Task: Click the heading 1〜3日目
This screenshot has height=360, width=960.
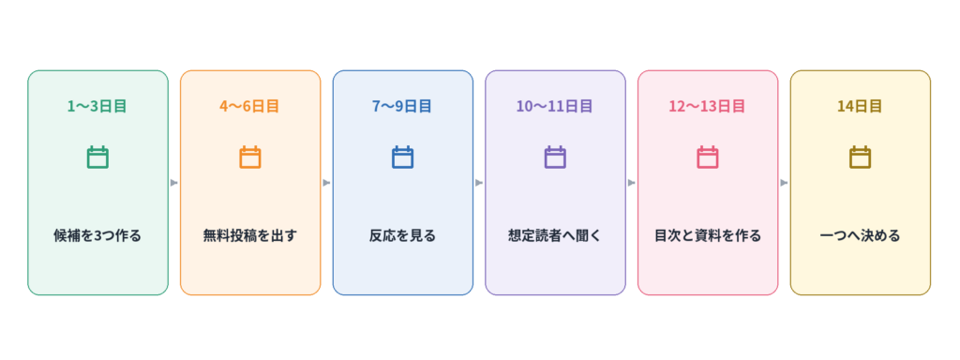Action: coord(97,106)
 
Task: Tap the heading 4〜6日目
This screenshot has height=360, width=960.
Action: coord(249,106)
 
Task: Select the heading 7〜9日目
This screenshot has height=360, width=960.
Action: coord(402,106)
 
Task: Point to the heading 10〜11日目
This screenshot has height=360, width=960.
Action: coord(555,106)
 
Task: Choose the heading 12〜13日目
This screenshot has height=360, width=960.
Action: coord(707,106)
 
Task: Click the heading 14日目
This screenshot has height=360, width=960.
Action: coord(860,106)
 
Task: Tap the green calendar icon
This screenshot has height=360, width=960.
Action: coord(97,157)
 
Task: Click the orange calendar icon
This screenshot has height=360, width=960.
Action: coord(249,157)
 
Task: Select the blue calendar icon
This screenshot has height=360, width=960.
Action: coord(402,157)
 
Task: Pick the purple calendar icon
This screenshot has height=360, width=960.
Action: coord(555,157)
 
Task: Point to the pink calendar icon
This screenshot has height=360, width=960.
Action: coord(707,157)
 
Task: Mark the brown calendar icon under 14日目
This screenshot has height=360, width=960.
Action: coord(860,157)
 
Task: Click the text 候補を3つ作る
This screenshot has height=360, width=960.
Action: coord(97,235)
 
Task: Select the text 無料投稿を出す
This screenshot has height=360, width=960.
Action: coord(249,235)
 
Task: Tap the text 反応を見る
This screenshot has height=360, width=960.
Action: coord(402,235)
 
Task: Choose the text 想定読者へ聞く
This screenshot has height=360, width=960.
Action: coord(555,235)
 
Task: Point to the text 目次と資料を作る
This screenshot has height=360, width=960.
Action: coord(707,235)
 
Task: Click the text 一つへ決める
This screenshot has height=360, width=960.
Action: coord(860,235)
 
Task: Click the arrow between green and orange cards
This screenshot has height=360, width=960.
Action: coord(173,183)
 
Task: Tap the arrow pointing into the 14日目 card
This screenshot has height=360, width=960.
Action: coord(784,183)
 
